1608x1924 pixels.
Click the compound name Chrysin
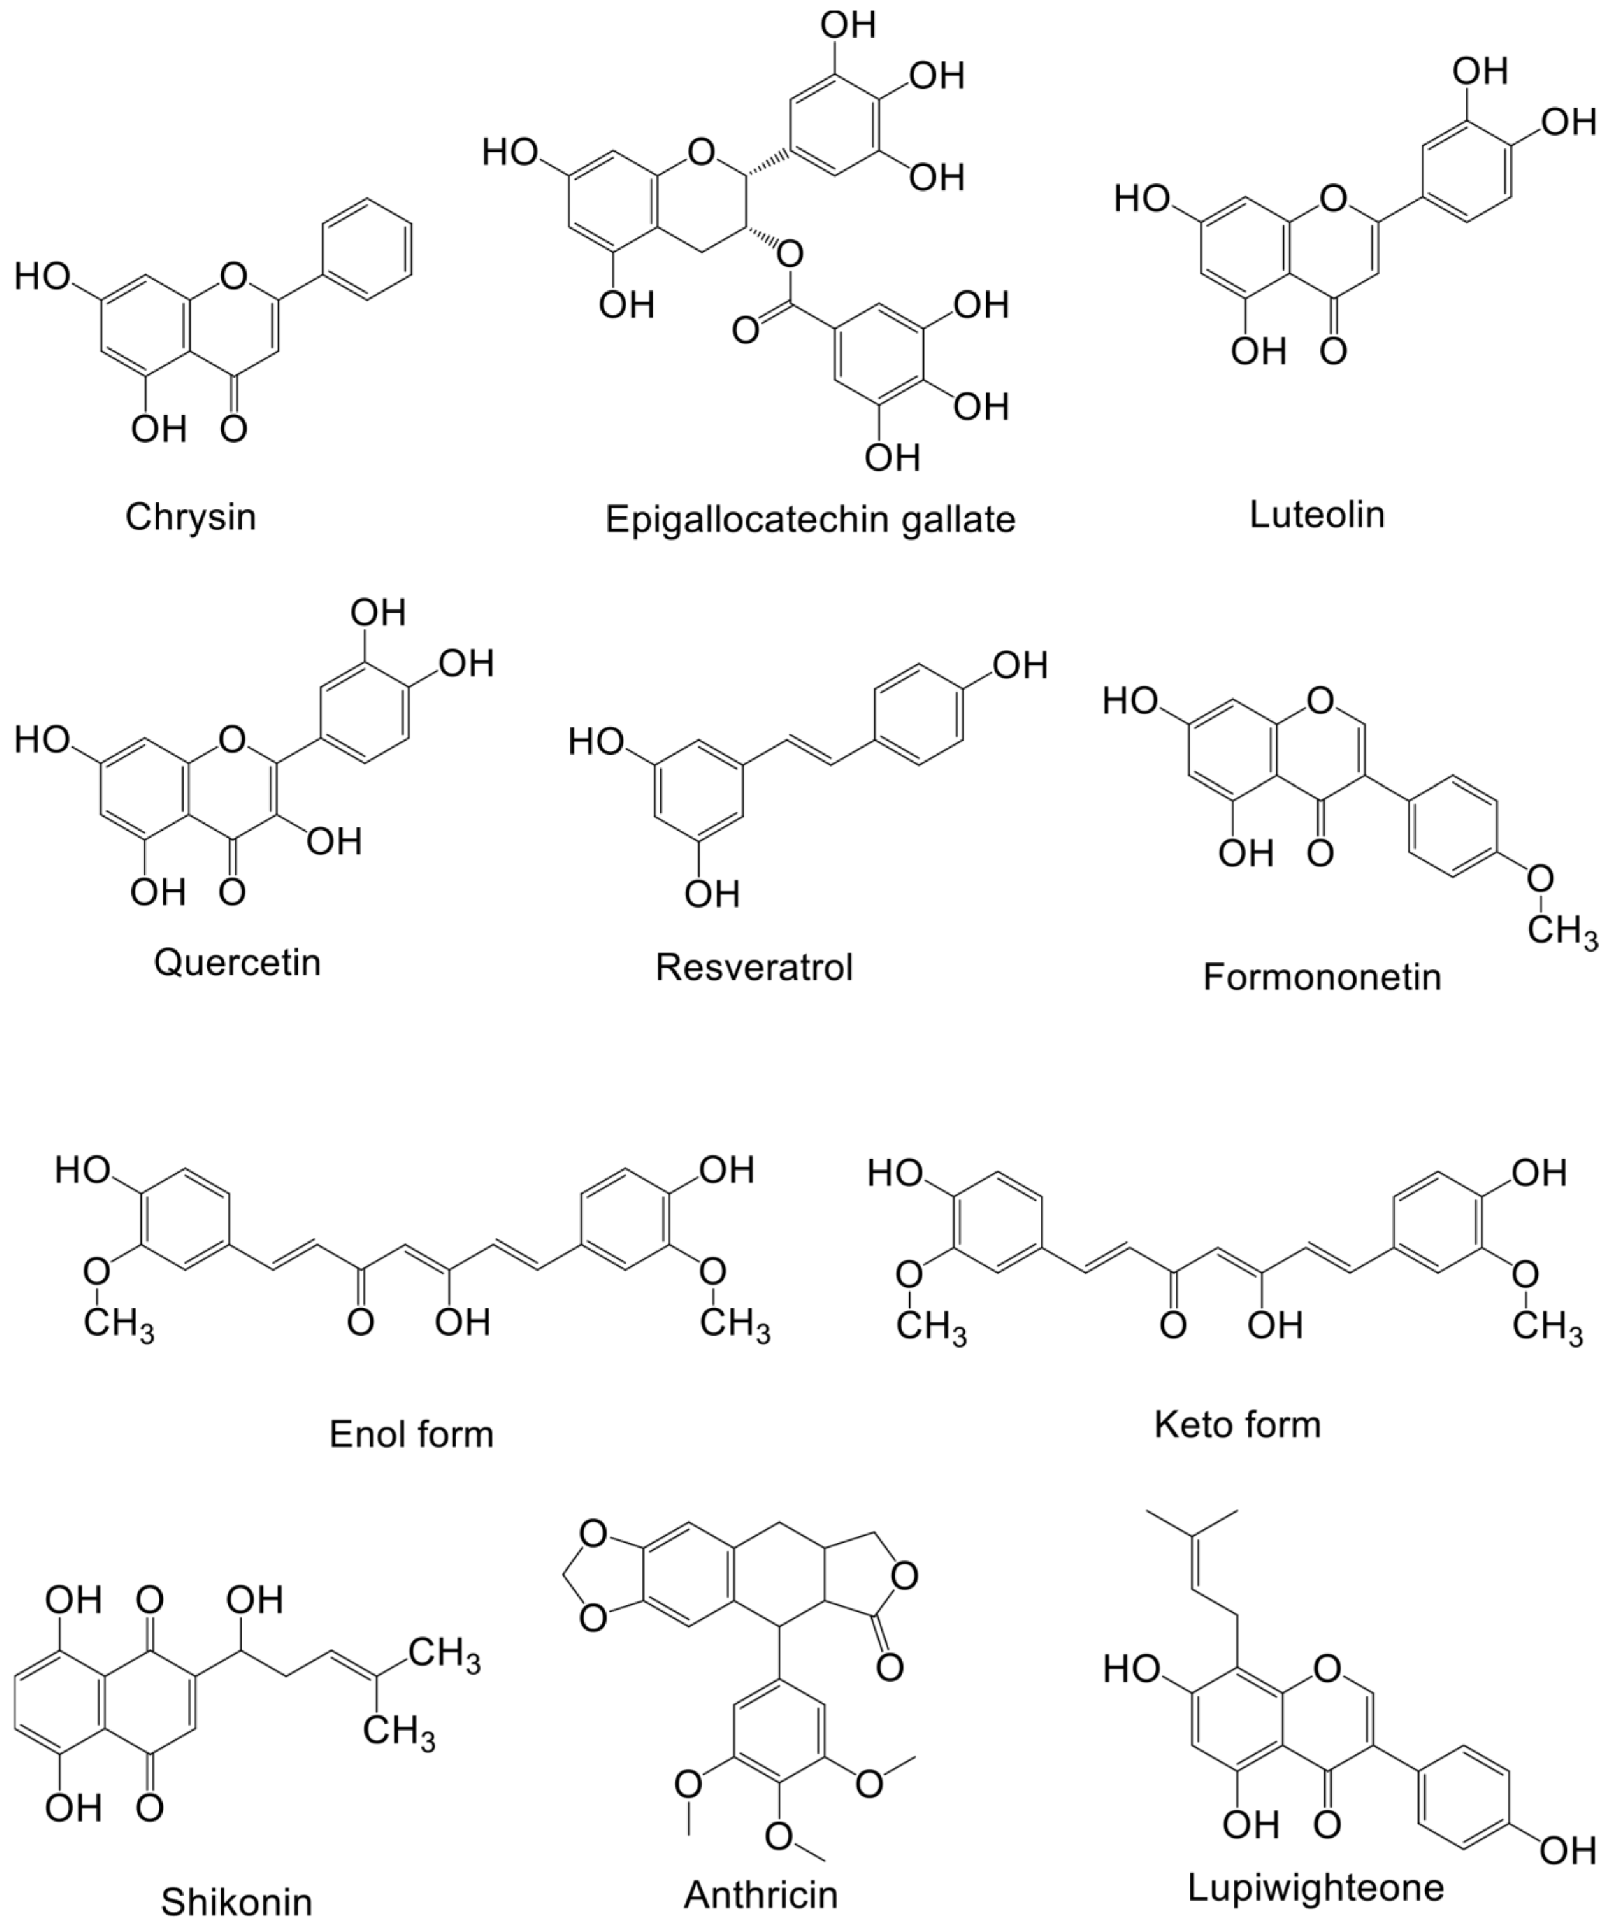pos(190,517)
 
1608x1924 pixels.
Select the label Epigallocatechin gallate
pos(810,521)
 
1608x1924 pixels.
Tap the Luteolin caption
pos(1316,515)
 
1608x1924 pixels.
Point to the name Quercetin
pos(237,963)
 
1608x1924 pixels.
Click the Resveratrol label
pos(754,967)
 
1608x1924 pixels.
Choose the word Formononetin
pos(1321,978)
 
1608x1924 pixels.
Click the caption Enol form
pos(411,1434)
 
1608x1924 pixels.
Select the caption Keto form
pos(1237,1424)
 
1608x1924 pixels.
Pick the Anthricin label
pos(760,1894)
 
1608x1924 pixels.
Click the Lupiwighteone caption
pos(1316,1888)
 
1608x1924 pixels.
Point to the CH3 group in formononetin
pos(1562,932)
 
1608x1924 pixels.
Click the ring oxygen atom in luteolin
pos(1334,196)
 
